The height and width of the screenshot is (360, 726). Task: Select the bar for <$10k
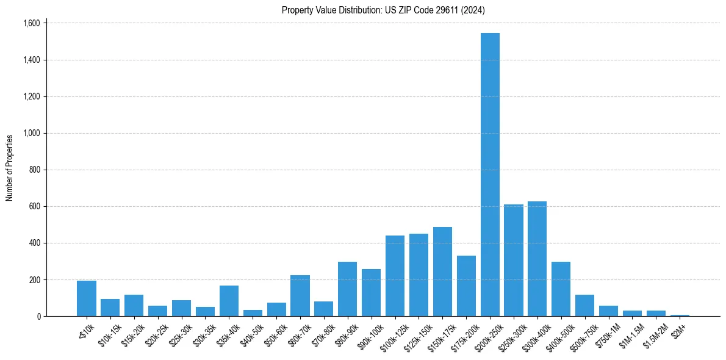(x=87, y=298)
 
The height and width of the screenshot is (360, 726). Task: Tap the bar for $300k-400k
(x=537, y=259)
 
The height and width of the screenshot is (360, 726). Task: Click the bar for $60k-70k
(x=300, y=296)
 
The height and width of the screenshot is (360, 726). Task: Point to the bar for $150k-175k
(x=442, y=272)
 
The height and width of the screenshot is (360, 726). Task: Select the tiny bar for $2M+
(x=680, y=315)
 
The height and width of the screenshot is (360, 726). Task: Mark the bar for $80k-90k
(x=347, y=289)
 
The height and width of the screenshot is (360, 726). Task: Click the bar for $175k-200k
(x=466, y=286)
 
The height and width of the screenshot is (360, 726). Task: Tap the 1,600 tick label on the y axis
(x=32, y=23)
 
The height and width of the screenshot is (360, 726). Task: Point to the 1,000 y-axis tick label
(x=32, y=133)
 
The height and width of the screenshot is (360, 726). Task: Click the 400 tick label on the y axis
(x=35, y=243)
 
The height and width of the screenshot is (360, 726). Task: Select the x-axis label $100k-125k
(x=391, y=334)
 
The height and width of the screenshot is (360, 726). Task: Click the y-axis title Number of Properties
(x=9, y=168)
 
